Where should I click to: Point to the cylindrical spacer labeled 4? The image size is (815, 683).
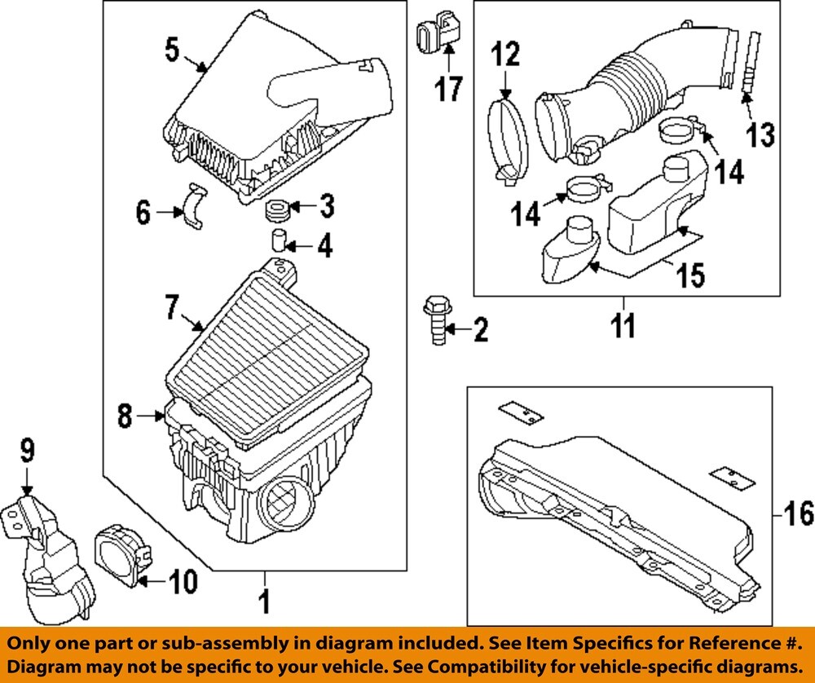point(280,242)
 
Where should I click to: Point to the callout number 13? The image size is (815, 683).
point(760,134)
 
